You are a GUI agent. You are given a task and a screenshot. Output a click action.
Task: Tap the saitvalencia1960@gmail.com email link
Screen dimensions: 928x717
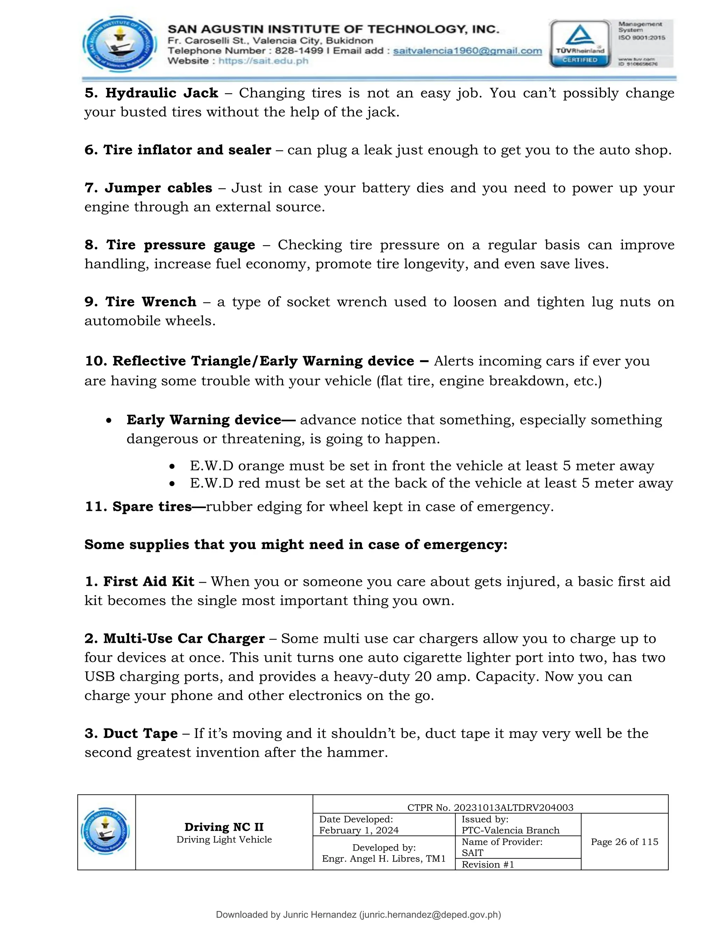pos(467,51)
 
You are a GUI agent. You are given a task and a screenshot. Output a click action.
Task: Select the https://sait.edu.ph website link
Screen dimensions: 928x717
pos(263,61)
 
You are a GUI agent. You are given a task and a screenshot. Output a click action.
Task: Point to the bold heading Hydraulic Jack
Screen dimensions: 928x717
pos(161,93)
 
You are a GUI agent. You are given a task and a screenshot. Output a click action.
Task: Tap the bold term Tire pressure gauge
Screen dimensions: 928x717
pos(181,245)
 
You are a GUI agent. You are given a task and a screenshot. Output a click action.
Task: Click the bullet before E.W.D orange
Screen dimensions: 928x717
pos(172,466)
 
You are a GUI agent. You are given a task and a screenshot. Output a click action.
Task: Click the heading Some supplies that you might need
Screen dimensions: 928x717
pos(295,544)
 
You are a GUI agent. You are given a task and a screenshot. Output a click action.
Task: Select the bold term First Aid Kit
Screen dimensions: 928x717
pos(149,581)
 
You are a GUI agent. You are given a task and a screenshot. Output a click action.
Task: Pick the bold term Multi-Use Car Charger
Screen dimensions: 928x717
pos(184,638)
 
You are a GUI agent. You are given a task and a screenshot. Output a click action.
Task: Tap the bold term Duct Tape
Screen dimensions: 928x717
pos(140,733)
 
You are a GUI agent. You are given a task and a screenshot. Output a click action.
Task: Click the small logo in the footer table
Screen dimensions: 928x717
pos(106,831)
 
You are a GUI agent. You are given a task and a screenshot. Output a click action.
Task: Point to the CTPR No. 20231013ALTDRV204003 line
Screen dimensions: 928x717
pos(490,807)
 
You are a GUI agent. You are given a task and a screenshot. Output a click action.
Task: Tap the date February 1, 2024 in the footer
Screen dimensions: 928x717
pos(359,830)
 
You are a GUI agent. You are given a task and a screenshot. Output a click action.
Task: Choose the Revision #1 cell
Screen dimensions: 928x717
pos(488,864)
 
